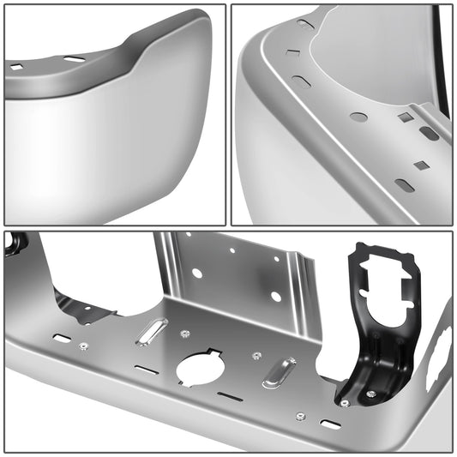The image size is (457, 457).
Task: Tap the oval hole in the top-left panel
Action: click(x=75, y=58)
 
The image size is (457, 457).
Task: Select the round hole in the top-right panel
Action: click(x=359, y=117)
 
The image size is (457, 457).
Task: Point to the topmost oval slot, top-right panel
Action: click(x=306, y=24)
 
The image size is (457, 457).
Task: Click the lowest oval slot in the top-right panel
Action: click(x=405, y=185)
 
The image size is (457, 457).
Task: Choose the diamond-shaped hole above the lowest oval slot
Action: click(x=420, y=165)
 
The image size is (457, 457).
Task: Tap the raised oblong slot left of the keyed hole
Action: click(x=152, y=332)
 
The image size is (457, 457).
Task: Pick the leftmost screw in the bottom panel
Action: click(x=83, y=346)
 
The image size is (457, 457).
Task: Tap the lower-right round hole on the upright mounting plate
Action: click(x=275, y=296)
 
